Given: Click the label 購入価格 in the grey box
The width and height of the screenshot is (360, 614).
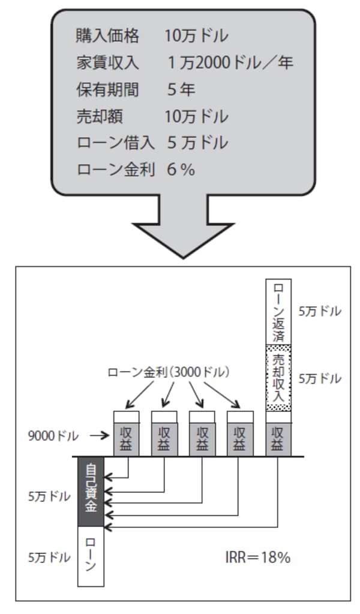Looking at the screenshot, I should tap(108, 36).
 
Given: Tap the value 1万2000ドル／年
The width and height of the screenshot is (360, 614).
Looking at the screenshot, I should tap(231, 62).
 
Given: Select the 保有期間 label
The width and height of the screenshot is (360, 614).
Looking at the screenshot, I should tap(108, 90).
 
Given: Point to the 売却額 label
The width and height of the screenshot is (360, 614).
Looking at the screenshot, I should tap(100, 116).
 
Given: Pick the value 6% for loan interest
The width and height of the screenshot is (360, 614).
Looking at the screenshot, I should tap(181, 170).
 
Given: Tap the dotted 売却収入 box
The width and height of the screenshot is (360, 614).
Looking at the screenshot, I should tap(278, 378).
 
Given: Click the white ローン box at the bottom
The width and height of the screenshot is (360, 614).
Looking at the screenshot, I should tap(91, 557).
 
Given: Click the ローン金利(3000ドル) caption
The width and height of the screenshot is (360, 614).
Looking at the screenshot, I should tap(169, 372).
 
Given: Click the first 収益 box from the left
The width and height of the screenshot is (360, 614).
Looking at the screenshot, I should tap(127, 440).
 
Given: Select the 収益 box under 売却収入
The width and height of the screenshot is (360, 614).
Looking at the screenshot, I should tap(278, 440).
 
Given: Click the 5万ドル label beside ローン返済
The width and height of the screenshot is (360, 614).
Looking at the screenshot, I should tap(320, 312).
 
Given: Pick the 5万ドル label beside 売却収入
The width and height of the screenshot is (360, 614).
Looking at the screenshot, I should tap(320, 379).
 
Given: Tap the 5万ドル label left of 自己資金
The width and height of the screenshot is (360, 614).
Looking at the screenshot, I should tap(49, 498).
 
